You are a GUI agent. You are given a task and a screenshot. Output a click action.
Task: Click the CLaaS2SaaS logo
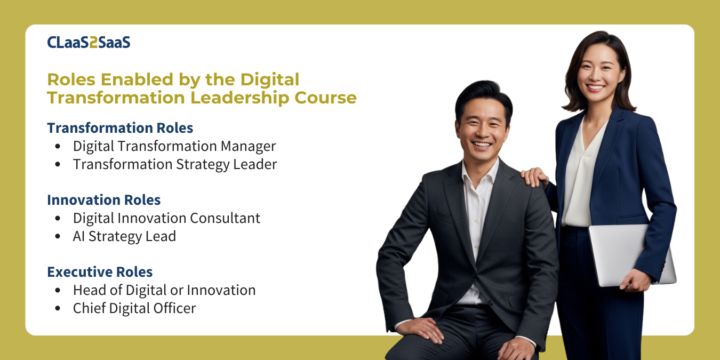point(89,43)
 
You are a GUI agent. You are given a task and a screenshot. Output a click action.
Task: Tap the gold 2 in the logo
point(93,43)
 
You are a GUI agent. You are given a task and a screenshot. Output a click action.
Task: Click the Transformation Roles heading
point(120,128)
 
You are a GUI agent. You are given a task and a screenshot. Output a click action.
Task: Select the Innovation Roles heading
point(104,200)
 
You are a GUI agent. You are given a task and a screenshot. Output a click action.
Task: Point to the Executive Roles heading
point(100,272)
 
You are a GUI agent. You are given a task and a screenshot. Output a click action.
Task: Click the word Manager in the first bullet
point(248,147)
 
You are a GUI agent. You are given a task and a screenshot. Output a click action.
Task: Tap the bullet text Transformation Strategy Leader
point(175,165)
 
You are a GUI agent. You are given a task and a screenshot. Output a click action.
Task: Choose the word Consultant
point(225,218)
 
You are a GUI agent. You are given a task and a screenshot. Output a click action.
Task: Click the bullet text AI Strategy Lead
point(124,237)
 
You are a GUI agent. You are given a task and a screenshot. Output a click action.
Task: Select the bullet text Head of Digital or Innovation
point(164,290)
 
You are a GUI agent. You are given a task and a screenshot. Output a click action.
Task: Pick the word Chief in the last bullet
point(90,308)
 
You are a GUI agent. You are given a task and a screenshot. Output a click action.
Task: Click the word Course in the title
point(326,98)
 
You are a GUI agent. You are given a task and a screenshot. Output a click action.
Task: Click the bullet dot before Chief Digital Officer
point(58,309)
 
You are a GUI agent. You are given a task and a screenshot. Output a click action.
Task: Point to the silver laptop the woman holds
point(631,255)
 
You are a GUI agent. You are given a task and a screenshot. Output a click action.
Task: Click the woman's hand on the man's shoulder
point(534,177)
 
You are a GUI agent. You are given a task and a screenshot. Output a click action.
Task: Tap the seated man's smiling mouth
point(481,145)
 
